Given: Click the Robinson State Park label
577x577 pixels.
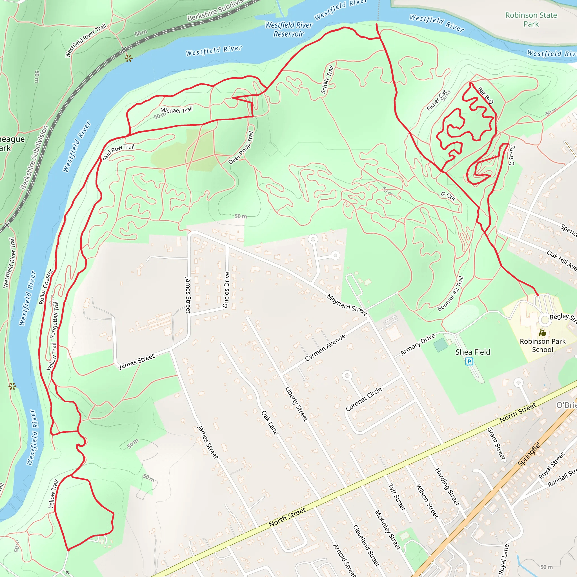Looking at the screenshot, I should [x=531, y=19].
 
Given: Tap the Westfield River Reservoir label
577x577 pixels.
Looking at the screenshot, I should [x=288, y=29].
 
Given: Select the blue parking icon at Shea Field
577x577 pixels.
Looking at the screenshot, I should [x=469, y=362].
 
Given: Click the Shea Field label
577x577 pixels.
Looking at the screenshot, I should [x=472, y=352].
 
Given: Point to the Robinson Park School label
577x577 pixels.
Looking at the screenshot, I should [x=542, y=345].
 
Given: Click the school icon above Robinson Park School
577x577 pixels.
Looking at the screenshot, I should [x=542, y=332].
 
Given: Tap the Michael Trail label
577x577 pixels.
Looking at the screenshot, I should [x=176, y=110].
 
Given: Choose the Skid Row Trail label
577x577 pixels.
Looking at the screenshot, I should [x=119, y=151].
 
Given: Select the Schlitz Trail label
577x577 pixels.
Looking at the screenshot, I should [x=327, y=80].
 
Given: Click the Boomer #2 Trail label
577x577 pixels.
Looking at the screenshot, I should [x=450, y=294].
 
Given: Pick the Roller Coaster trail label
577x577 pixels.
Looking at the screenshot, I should [x=46, y=287].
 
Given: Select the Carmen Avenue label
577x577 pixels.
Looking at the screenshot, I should [x=325, y=347].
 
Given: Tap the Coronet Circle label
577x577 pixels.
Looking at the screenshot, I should [x=363, y=399].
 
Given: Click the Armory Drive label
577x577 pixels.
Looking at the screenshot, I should [x=418, y=345].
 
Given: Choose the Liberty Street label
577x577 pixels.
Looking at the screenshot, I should [x=296, y=404].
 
